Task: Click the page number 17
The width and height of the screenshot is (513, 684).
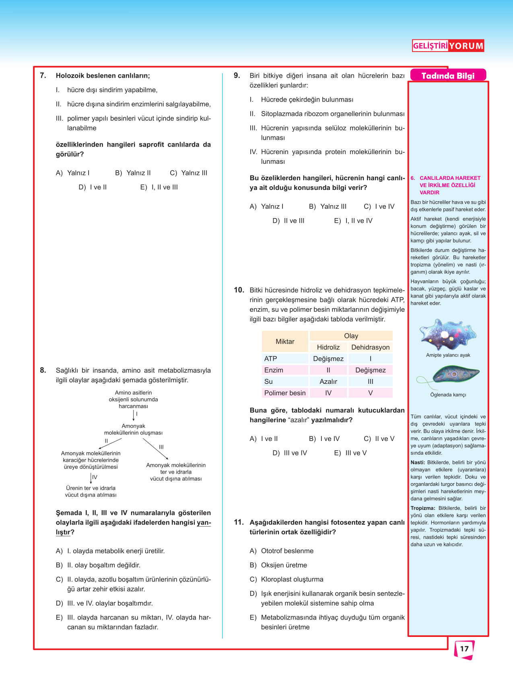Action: coord(464,649)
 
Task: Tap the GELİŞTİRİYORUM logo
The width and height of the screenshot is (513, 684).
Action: coord(448,45)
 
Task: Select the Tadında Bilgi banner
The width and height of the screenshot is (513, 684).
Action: coord(448,76)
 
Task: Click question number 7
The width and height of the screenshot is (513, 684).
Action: coord(43,75)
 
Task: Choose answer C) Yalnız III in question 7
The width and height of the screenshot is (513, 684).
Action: coord(189,173)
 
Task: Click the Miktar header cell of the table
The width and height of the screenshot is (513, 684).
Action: coord(285,342)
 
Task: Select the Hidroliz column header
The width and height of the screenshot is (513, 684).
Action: coord(328,347)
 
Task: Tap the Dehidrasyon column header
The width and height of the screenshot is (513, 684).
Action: coord(371,347)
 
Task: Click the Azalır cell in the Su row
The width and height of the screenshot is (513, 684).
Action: coord(328,381)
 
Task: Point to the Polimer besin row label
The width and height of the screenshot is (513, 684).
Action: coord(285,393)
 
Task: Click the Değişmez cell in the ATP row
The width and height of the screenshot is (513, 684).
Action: coord(328,358)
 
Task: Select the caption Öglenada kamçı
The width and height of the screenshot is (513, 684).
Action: coord(448,395)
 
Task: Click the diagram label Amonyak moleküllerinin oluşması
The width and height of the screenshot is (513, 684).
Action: coord(133,429)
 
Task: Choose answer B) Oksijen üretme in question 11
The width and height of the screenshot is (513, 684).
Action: coord(278,565)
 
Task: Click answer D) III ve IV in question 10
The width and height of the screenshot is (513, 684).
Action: coord(290,453)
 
